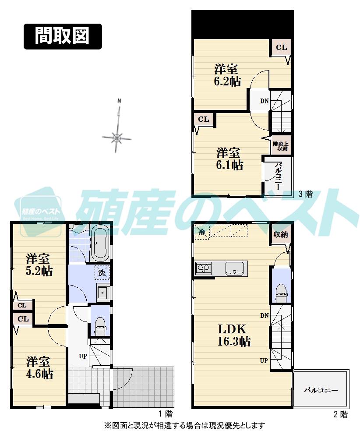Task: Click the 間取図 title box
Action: (63, 36)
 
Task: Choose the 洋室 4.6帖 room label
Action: (39, 367)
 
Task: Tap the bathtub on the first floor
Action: (102, 244)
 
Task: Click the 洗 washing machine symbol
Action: (102, 273)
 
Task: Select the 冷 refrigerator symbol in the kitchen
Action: (202, 232)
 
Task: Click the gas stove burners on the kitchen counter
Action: (204, 268)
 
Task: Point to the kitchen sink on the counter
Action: (236, 268)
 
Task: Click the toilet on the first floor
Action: (100, 325)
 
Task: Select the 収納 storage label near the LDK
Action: (281, 234)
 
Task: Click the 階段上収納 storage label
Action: (280, 146)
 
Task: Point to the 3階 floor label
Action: (305, 194)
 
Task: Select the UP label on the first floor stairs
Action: (83, 356)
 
